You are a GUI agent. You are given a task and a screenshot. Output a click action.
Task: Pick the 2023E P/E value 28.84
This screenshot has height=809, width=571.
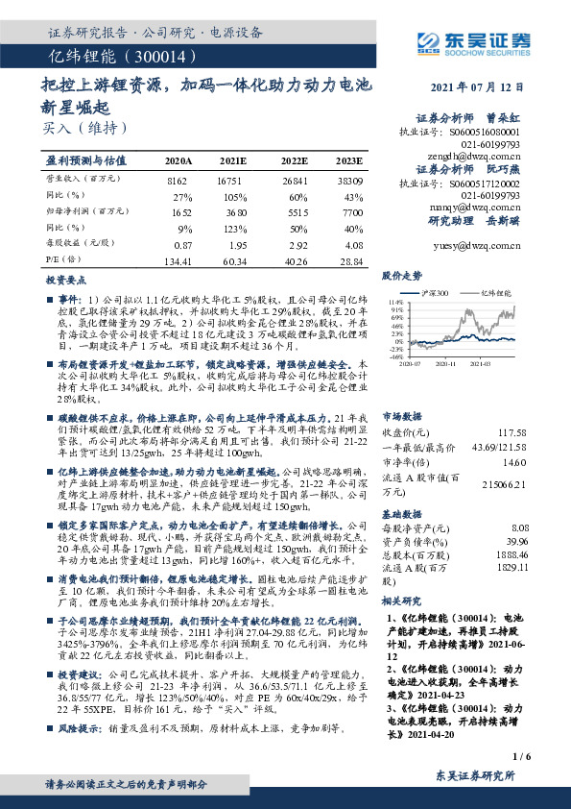click(x=350, y=261)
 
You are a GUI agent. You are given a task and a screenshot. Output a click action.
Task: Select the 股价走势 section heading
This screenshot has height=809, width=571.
click(x=402, y=275)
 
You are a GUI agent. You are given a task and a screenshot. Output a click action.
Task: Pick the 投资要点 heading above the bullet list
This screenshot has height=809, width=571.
click(x=66, y=280)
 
